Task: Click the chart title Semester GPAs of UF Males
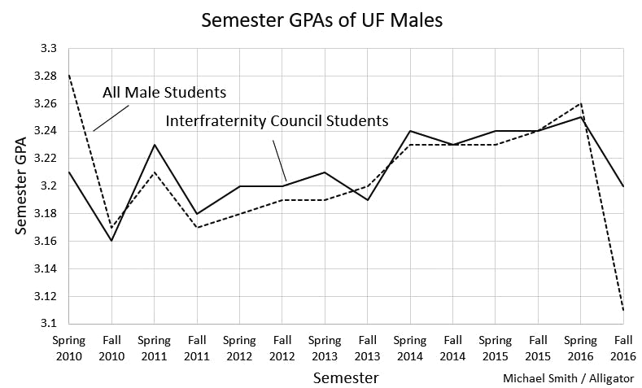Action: tap(322, 20)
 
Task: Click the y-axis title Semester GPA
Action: tap(22, 185)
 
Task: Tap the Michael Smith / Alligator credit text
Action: tap(569, 378)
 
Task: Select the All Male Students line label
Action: tap(164, 92)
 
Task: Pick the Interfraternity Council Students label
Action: tap(277, 121)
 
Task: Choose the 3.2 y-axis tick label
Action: tap(49, 186)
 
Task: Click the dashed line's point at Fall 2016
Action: tap(623, 310)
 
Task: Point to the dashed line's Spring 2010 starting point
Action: tap(68, 76)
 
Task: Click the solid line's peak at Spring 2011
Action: tap(154, 145)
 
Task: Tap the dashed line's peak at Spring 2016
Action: tap(580, 103)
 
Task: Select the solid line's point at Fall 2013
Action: tap(367, 199)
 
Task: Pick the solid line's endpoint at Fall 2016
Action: tap(623, 186)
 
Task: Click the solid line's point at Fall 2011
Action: tap(196, 213)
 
